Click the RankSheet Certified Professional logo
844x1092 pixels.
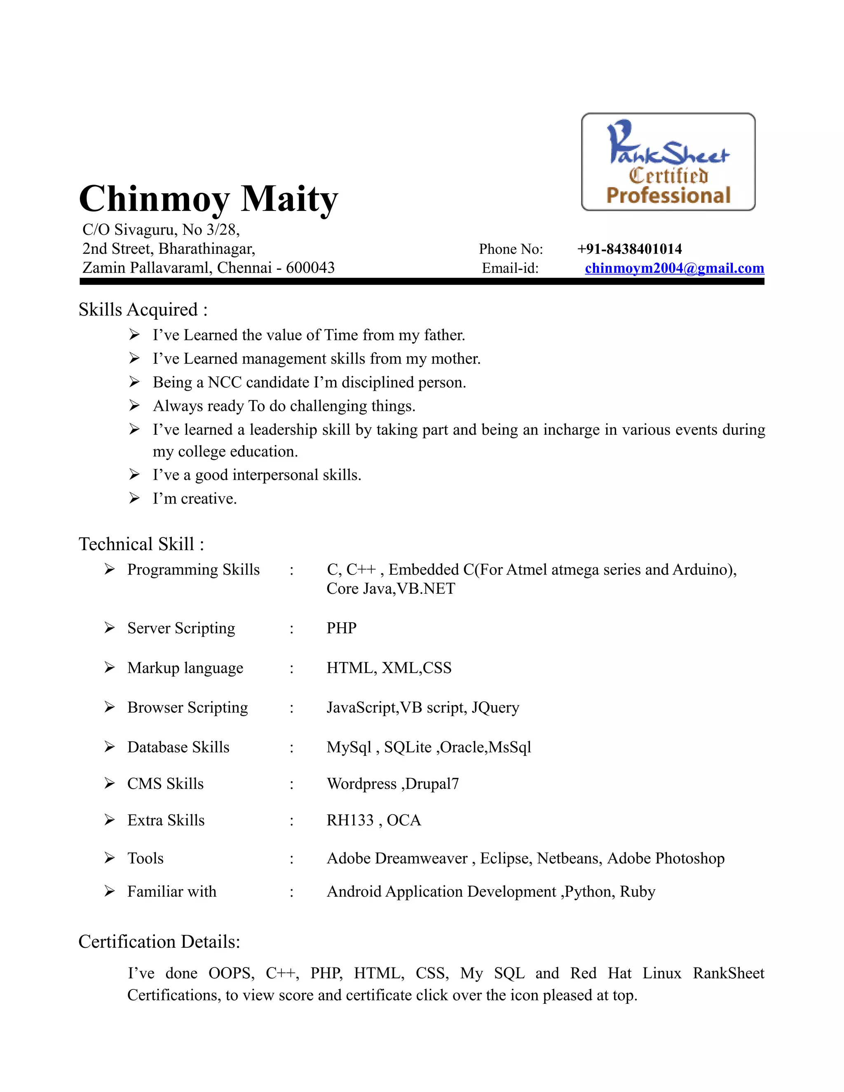[668, 162]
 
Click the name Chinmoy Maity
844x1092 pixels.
[209, 199]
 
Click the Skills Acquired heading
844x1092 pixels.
[143, 310]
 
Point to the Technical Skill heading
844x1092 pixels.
[141, 544]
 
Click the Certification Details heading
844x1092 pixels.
[159, 942]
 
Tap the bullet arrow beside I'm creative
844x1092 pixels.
[134, 498]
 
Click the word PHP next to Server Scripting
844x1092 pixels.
[342, 628]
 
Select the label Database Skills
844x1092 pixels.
[178, 747]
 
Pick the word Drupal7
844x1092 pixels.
[432, 783]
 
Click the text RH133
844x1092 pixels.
[350, 820]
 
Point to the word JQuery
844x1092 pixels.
[495, 708]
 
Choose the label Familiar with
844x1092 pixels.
[171, 891]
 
